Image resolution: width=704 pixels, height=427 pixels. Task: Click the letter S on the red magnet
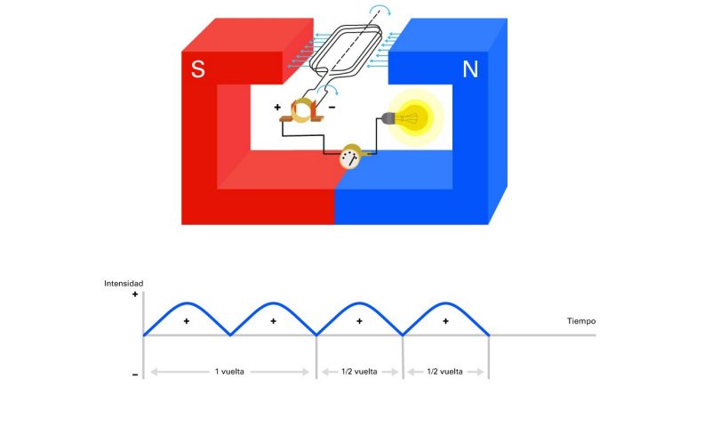point(198,68)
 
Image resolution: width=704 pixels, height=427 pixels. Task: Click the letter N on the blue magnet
point(470,69)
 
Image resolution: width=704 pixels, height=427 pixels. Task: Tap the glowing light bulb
point(414,118)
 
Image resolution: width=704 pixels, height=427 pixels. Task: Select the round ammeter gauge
point(350,157)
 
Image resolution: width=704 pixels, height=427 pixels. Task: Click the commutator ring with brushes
point(301,111)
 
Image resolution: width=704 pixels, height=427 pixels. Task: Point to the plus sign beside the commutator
point(277,107)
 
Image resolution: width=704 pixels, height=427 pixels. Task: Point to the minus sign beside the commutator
point(332,107)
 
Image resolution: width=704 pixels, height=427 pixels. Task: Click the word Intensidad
point(124,283)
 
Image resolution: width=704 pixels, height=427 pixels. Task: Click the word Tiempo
point(581,321)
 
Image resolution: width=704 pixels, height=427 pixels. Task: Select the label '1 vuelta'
point(229,372)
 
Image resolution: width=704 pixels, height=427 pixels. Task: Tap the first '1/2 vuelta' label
point(359,372)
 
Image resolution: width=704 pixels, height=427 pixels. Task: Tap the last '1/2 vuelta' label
point(445,372)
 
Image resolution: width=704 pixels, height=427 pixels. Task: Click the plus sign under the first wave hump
point(187,321)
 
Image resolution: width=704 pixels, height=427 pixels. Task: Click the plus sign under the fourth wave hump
point(445,321)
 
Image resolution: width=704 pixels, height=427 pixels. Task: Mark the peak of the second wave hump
point(274,303)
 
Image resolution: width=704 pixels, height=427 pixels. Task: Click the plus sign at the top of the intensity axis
point(135,294)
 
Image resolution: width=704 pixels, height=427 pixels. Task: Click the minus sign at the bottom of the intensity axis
point(135,375)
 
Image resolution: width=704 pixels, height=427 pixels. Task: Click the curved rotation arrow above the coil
point(380,10)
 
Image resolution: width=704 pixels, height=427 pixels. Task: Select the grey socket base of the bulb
point(388,118)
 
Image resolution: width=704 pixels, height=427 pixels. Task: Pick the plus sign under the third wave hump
point(359,321)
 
